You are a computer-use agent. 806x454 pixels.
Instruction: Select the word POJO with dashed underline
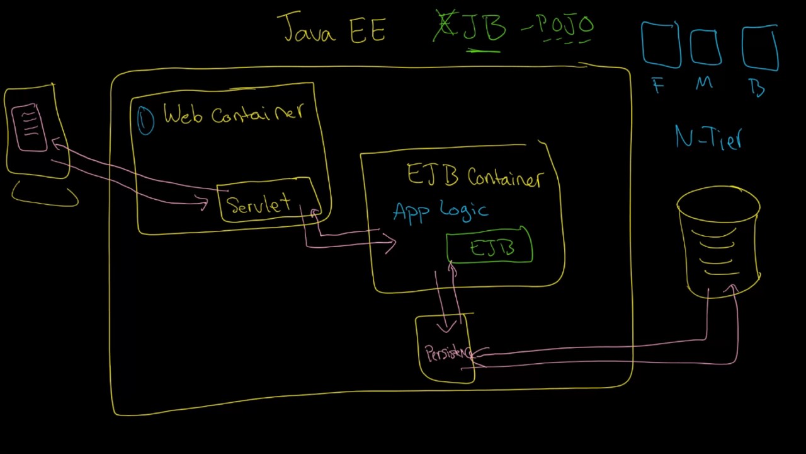(565, 26)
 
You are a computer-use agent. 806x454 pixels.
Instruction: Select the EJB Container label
(474, 177)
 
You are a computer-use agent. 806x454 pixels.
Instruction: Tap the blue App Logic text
(440, 211)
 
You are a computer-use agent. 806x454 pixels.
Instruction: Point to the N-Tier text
(709, 137)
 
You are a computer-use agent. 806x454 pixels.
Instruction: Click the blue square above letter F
(661, 45)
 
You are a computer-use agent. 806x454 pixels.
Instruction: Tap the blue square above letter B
(760, 47)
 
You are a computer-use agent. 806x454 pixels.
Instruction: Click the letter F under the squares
(659, 86)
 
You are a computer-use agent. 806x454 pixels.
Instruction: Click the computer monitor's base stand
(45, 195)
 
